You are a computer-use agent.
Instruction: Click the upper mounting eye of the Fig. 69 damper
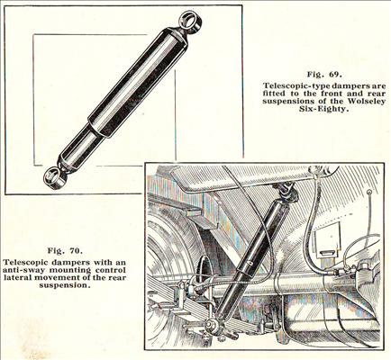(x=189, y=21)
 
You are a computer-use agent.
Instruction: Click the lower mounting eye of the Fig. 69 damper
(x=54, y=178)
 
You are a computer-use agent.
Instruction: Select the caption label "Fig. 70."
(x=65, y=250)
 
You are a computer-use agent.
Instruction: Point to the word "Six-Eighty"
(x=324, y=109)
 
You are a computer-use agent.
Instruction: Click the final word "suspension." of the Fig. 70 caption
(x=65, y=285)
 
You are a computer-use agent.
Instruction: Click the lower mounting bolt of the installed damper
(x=211, y=324)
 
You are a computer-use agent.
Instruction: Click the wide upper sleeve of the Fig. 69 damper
(x=139, y=83)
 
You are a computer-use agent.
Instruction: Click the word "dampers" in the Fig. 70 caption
(x=69, y=262)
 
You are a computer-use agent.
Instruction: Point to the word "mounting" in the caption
(x=69, y=270)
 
